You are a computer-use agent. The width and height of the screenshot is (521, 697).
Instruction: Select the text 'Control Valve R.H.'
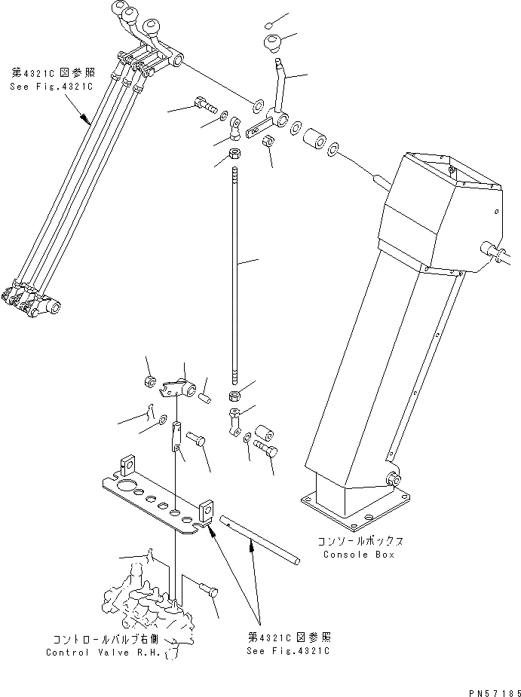click(x=103, y=653)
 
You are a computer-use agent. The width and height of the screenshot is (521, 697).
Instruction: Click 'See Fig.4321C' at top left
click(x=51, y=87)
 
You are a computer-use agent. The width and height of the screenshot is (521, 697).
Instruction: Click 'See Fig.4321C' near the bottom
click(x=289, y=650)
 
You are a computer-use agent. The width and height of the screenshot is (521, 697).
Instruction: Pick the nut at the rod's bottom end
click(x=234, y=395)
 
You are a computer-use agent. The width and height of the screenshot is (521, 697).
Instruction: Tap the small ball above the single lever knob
click(x=272, y=23)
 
